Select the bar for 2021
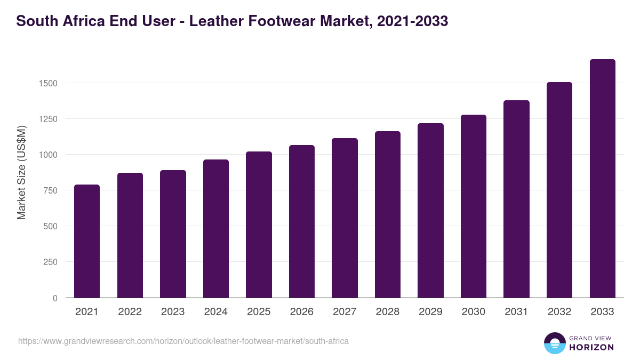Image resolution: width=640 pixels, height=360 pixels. click(x=87, y=241)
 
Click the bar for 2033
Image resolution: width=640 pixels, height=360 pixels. click(x=603, y=179)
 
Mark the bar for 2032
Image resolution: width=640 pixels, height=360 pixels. click(x=559, y=190)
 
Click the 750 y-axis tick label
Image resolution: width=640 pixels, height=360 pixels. click(x=50, y=190)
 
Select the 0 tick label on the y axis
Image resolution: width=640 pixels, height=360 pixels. click(x=55, y=298)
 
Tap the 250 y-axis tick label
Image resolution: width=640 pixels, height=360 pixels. click(x=50, y=262)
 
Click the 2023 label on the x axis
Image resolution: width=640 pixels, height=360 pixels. click(x=173, y=312)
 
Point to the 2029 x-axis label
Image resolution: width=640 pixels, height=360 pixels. click(x=430, y=312)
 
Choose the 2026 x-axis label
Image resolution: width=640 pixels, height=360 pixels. click(x=302, y=312)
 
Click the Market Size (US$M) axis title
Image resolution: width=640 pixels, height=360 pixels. click(x=21, y=173)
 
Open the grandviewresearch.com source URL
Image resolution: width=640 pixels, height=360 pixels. click(x=183, y=341)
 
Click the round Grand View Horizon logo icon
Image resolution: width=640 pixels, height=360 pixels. click(x=554, y=343)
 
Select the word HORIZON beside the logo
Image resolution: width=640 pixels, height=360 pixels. click(x=591, y=347)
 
